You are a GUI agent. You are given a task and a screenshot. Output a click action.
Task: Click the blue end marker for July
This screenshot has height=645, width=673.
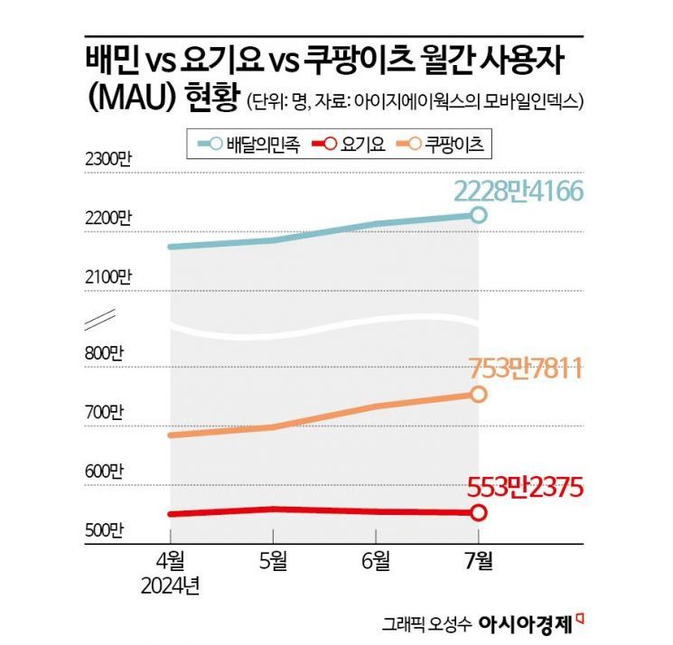tap(478, 215)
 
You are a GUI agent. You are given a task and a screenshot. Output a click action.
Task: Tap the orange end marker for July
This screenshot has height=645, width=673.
tap(478, 394)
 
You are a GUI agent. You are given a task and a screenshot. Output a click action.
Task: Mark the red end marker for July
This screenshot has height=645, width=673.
tap(478, 513)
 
